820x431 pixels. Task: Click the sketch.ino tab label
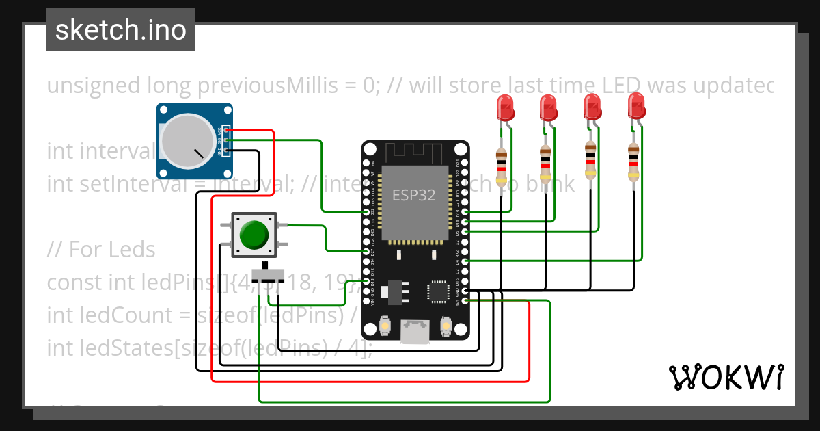tap(120, 30)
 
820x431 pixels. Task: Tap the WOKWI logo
tap(725, 377)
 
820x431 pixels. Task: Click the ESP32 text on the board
tap(413, 195)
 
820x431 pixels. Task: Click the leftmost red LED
tap(505, 108)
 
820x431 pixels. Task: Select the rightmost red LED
tap(636, 107)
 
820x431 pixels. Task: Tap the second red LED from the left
tap(548, 108)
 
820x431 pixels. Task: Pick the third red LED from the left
tap(592, 107)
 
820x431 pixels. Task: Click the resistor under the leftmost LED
tap(502, 166)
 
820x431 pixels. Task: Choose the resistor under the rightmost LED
tap(633, 163)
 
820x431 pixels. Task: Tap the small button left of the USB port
tap(385, 326)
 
